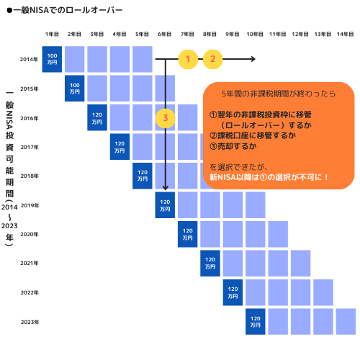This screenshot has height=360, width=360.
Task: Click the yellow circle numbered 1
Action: pyautogui.click(x=188, y=59)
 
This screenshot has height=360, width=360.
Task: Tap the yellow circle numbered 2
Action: pyautogui.click(x=212, y=59)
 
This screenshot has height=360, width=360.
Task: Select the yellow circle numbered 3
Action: pyautogui.click(x=166, y=118)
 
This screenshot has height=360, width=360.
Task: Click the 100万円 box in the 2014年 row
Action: pyautogui.click(x=52, y=59)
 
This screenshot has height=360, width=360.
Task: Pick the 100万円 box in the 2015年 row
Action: pyautogui.click(x=74, y=89)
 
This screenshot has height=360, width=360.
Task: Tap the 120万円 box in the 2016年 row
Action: pyautogui.click(x=97, y=117)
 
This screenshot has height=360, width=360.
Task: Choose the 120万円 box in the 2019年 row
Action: pyautogui.click(x=165, y=205)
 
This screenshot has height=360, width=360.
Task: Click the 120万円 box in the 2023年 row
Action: pyautogui.click(x=256, y=322)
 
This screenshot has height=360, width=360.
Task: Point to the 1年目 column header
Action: pyautogui.click(x=52, y=35)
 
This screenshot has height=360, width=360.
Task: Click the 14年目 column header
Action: pyautogui.click(x=346, y=35)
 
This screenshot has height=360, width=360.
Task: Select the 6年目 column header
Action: pyautogui.click(x=165, y=35)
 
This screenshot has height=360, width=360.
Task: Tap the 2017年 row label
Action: pyautogui.click(x=30, y=147)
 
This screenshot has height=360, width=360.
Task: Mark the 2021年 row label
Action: pyautogui.click(x=30, y=264)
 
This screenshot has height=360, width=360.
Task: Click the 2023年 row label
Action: pyautogui.click(x=30, y=322)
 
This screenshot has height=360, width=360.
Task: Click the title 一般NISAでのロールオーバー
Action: pyautogui.click(x=65, y=10)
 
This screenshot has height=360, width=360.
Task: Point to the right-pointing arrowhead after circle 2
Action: pyautogui.click(x=253, y=59)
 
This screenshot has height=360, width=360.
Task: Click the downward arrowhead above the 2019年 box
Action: pyautogui.click(x=165, y=188)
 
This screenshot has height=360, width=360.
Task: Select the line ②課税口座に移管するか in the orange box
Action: pyautogui.click(x=253, y=135)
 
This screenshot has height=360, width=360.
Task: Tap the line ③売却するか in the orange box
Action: pyautogui.click(x=233, y=146)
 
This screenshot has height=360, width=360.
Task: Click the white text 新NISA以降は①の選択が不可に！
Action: pyautogui.click(x=269, y=177)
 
